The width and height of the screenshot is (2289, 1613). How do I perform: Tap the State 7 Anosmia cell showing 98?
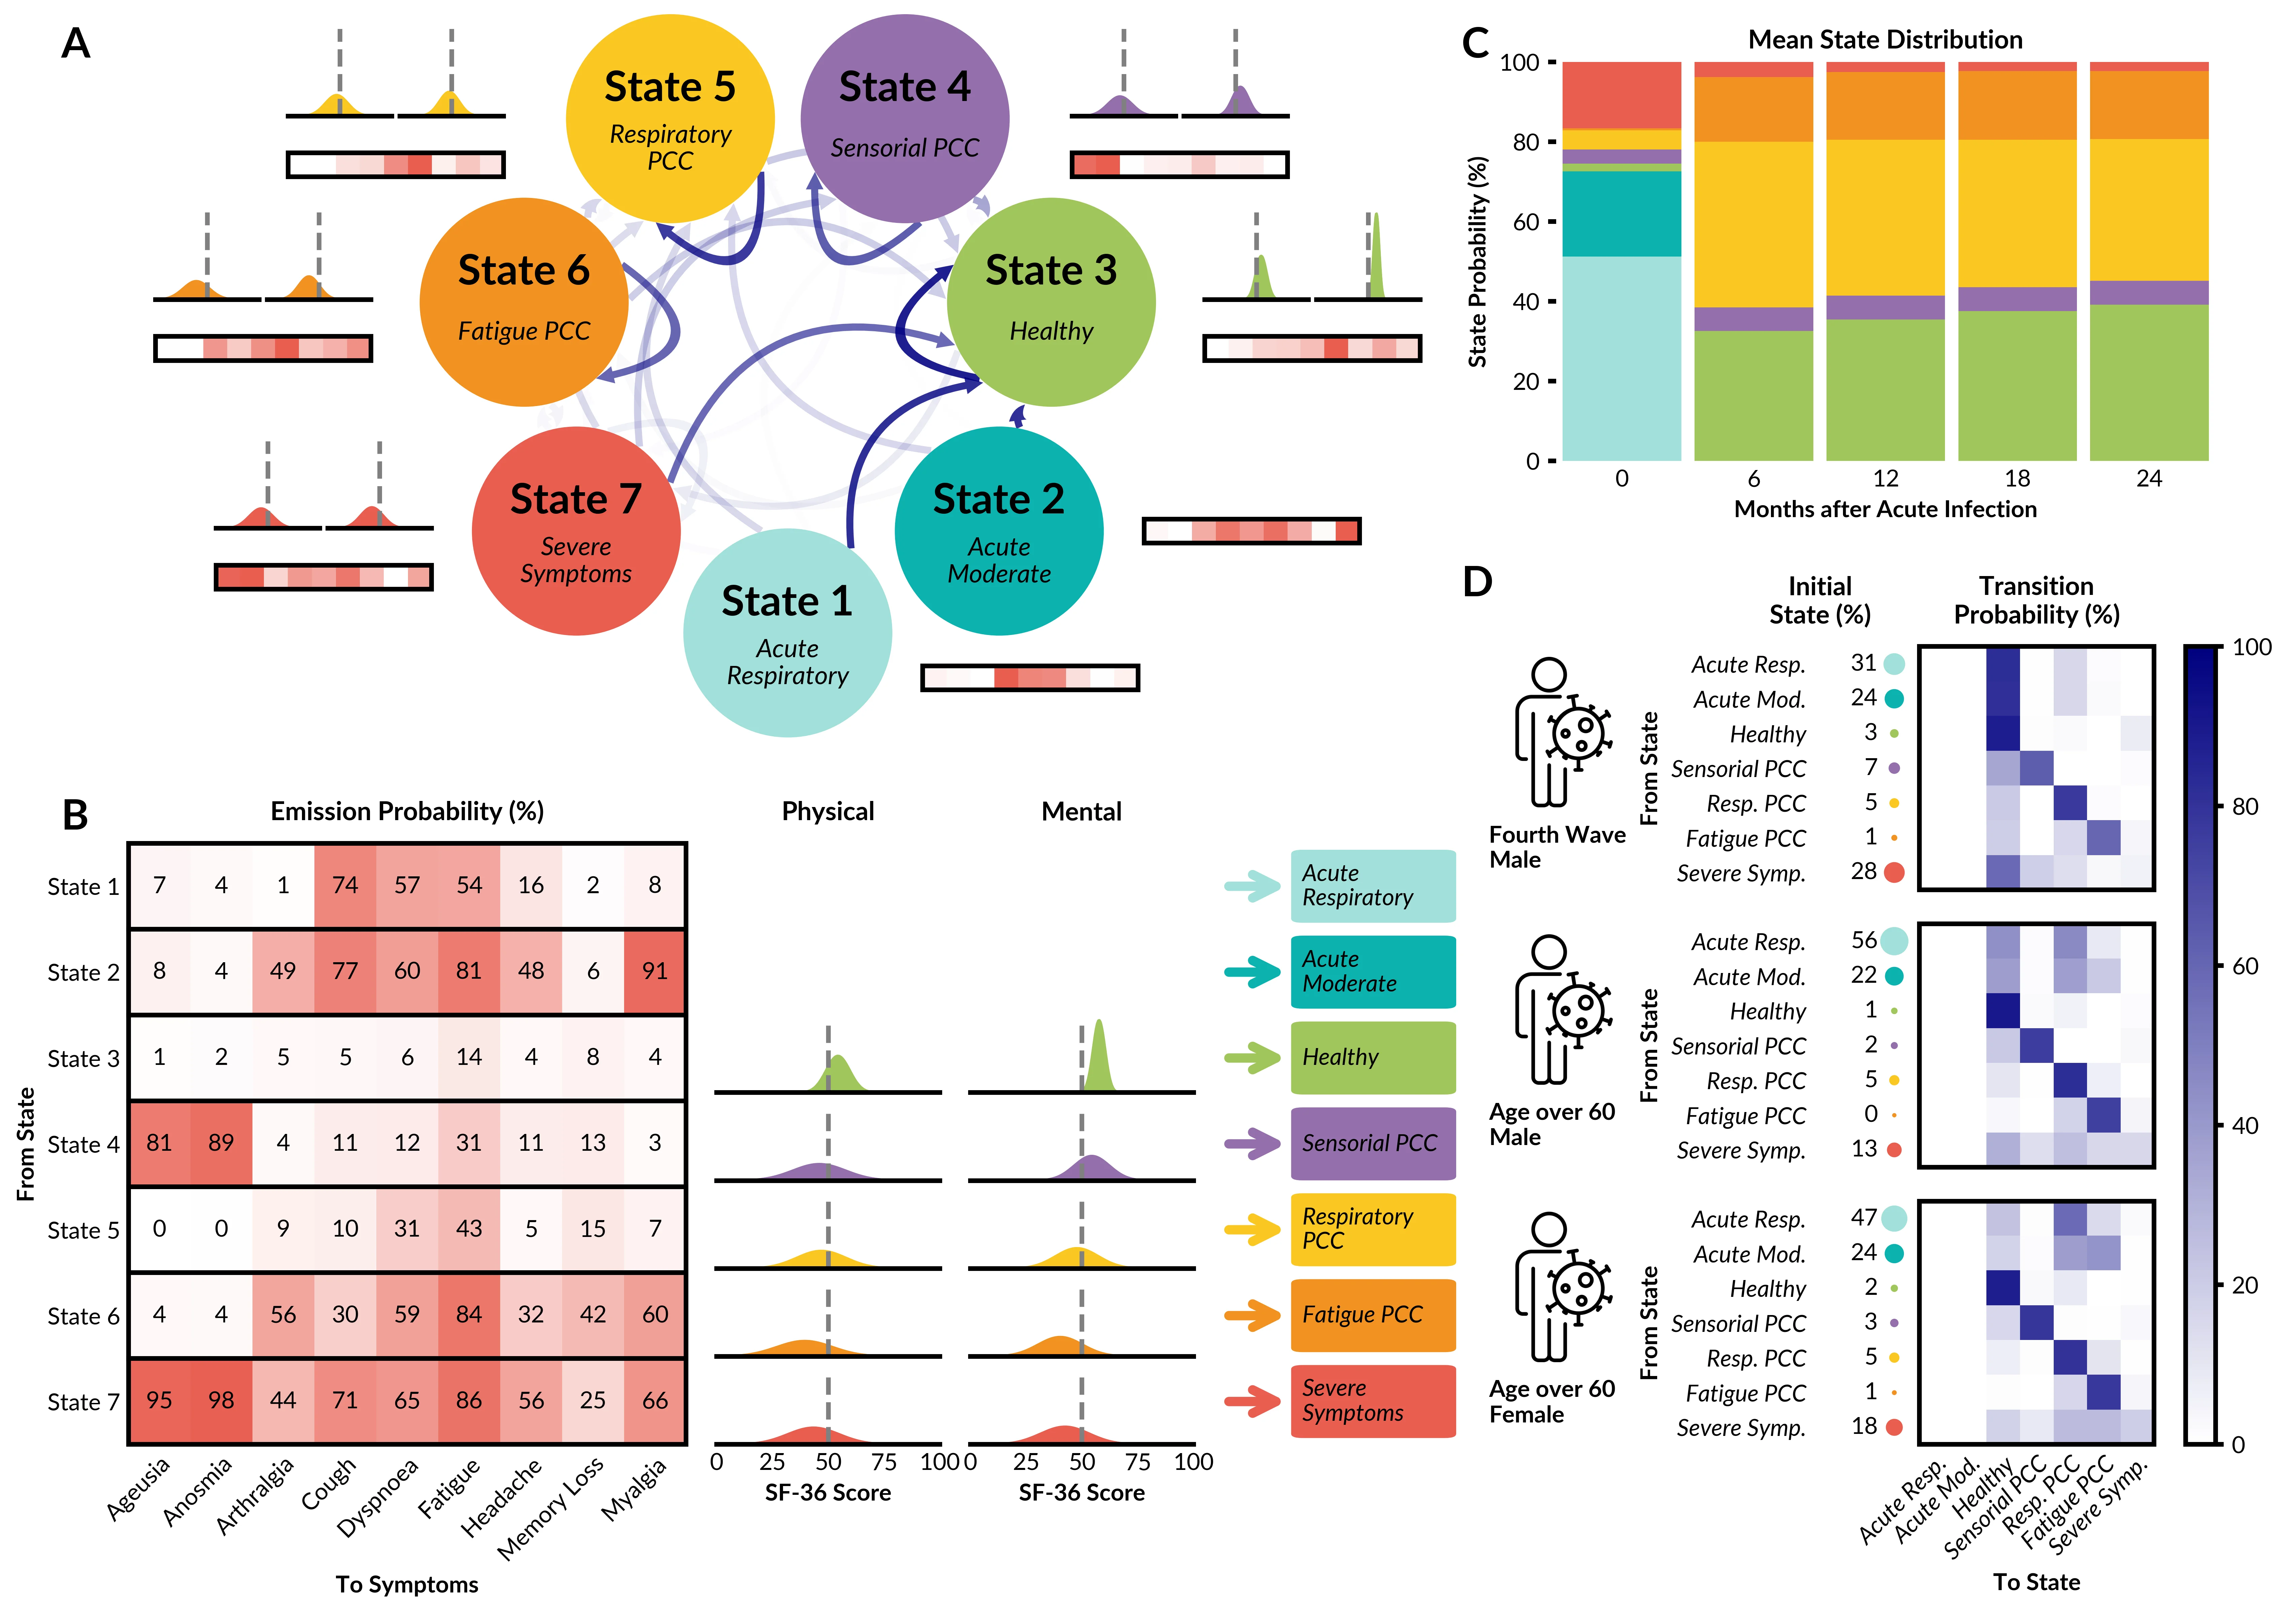pos(221,1401)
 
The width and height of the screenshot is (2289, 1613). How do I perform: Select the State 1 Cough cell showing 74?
pos(345,885)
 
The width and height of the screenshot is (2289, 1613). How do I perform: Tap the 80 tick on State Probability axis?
pos(1525,142)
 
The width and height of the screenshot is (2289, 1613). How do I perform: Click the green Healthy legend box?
pos(1373,1058)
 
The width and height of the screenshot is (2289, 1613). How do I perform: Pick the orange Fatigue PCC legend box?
pos(1373,1315)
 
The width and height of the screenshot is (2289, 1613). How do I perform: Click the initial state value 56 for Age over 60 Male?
pos(1863,940)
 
